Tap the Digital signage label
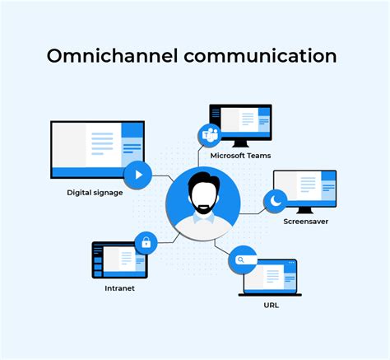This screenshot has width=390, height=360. click(95, 193)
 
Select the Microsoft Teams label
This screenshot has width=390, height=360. click(240, 155)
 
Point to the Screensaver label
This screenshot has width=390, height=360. click(306, 221)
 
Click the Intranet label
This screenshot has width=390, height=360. click(119, 288)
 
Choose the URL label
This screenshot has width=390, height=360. click(271, 304)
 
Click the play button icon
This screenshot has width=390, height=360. click(138, 175)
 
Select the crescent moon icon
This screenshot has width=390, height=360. click(275, 200)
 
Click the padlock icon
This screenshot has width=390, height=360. click(146, 243)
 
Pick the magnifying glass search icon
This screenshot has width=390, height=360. click(242, 259)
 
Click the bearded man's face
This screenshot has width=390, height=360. click(202, 195)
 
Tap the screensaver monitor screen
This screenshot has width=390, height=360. click(306, 188)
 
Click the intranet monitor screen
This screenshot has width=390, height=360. click(119, 260)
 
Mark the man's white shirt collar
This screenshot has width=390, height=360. click(202, 217)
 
